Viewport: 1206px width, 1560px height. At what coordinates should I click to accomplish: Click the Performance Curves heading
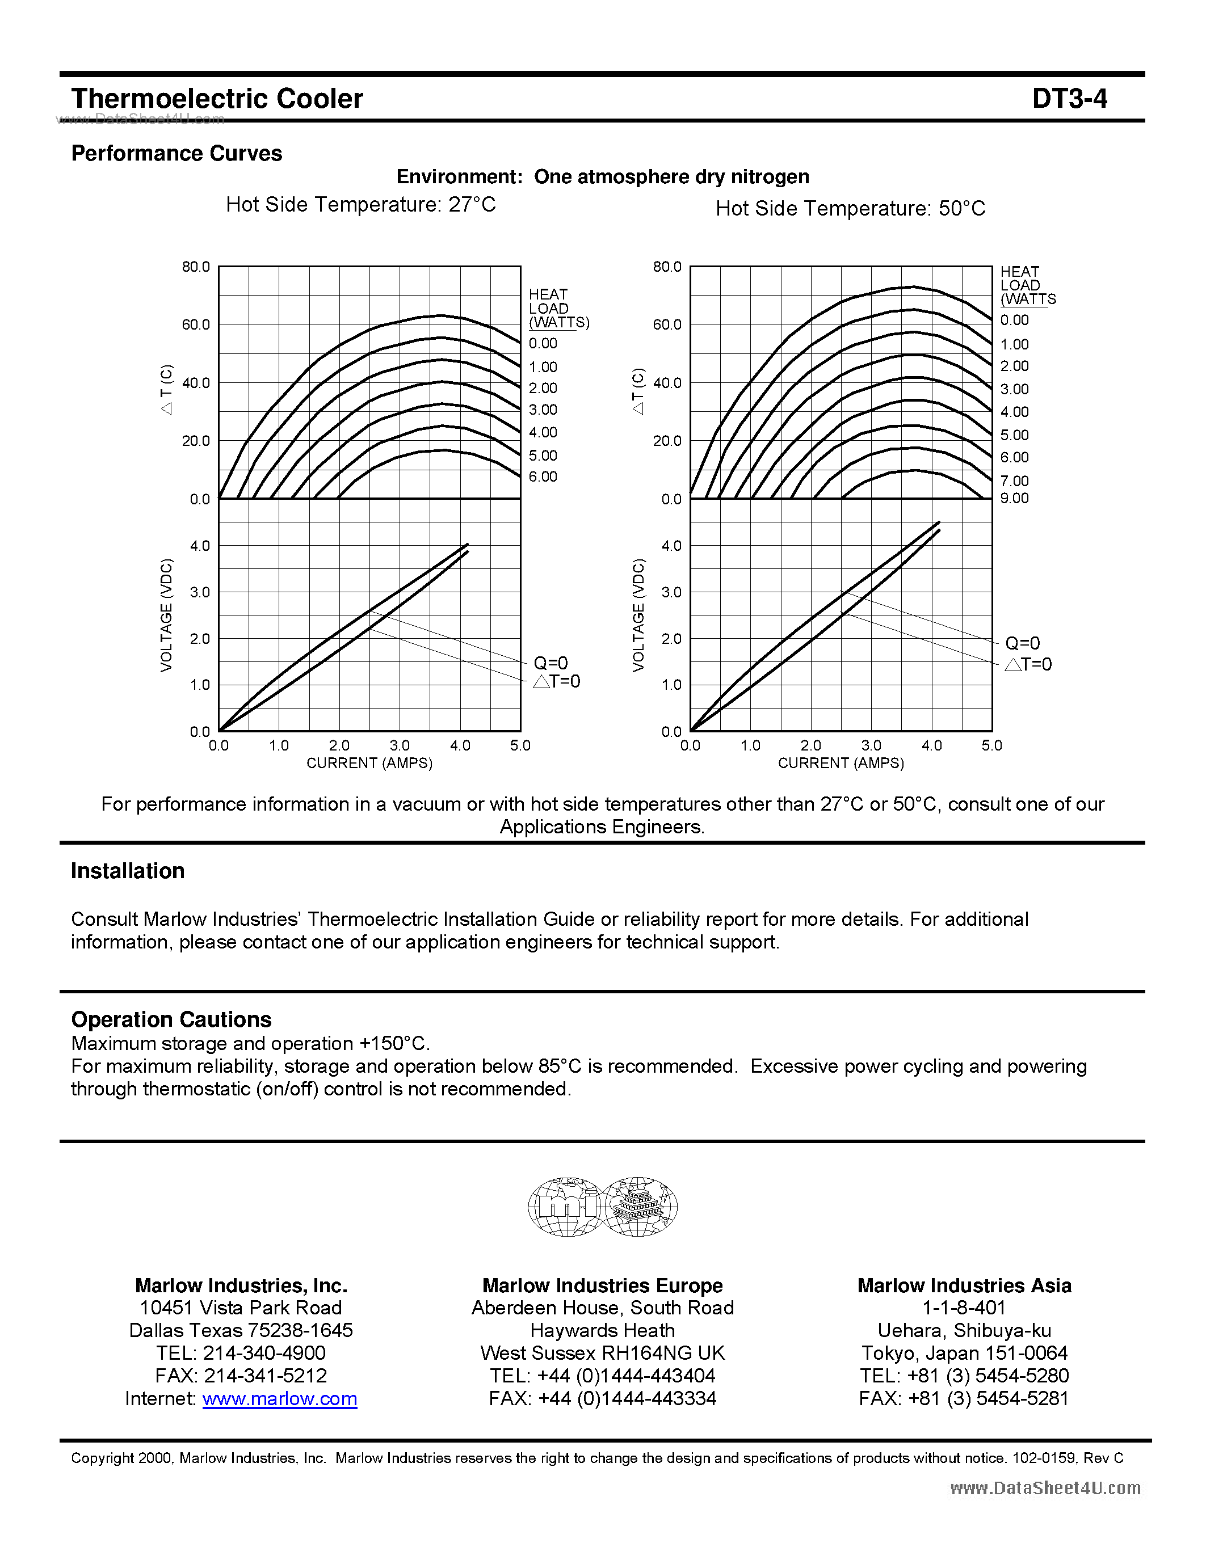coord(177,154)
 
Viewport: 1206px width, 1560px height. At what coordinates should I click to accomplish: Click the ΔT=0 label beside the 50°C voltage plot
coord(1028,664)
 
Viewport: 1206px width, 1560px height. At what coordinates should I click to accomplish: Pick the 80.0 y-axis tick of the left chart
coord(195,267)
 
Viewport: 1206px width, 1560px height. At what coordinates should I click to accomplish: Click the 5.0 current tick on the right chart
coord(991,745)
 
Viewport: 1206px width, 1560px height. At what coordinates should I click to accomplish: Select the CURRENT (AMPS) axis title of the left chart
coord(369,763)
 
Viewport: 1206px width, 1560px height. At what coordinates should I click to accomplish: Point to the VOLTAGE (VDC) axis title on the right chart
coord(638,615)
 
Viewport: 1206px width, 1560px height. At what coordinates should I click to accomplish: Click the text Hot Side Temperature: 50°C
coord(850,209)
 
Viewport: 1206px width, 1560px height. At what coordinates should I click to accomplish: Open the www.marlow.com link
coord(279,1398)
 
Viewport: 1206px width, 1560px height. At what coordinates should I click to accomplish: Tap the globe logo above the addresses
coord(602,1207)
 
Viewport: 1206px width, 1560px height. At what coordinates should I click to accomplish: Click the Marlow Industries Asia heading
coord(964,1285)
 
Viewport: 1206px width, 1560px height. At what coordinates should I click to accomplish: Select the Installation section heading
coord(128,871)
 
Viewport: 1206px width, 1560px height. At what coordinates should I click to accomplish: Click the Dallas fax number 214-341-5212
coord(265,1375)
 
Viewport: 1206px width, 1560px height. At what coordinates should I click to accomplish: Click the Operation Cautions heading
coord(171,1019)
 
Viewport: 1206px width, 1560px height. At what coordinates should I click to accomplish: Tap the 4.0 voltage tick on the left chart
coord(199,546)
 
